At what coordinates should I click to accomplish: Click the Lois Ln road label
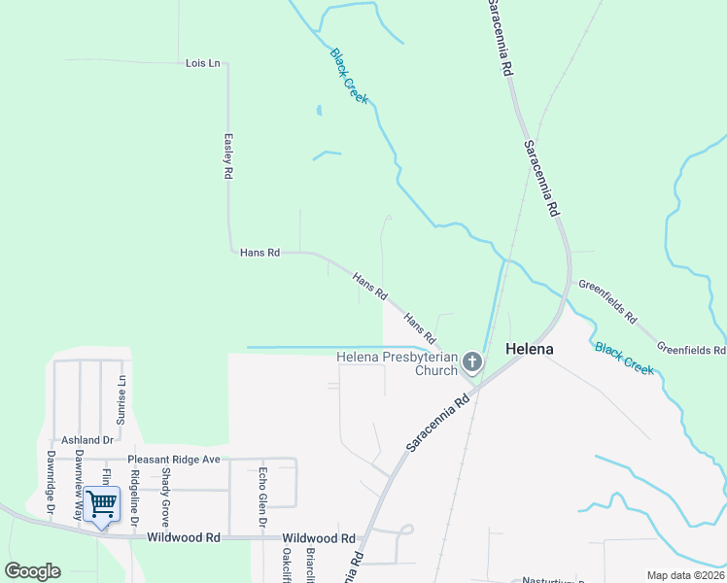point(203,63)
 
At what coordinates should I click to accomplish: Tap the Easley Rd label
point(228,155)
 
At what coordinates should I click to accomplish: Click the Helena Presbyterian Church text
point(397,362)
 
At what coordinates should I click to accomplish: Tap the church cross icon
point(472,362)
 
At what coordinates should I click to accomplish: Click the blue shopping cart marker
point(101,503)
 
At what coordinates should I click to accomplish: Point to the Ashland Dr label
point(88,440)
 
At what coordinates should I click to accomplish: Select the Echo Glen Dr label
point(262,497)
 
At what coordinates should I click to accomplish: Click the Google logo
point(32,571)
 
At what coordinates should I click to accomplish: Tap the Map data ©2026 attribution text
point(685,575)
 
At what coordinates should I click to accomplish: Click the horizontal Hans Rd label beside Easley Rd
point(260,253)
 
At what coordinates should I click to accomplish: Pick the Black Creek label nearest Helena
point(625,359)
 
